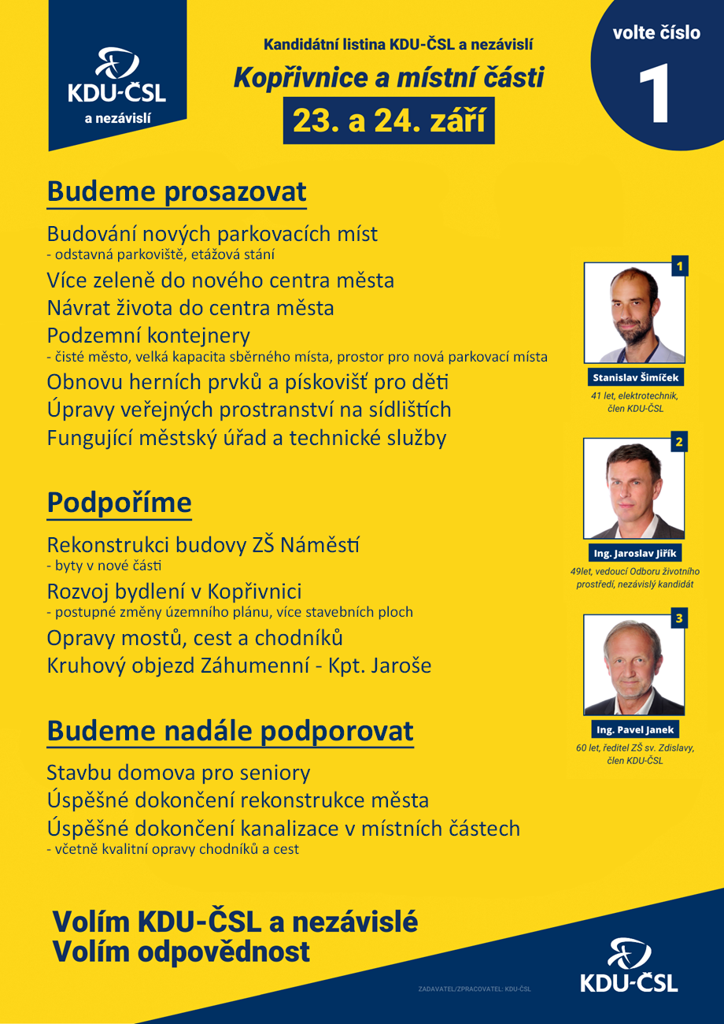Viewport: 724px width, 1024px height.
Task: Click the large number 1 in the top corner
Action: pyautogui.click(x=656, y=95)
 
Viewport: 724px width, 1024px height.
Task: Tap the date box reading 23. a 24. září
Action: pyautogui.click(x=389, y=121)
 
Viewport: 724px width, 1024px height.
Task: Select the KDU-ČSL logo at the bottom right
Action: pyautogui.click(x=628, y=966)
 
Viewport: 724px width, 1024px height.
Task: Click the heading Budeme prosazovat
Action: pyautogui.click(x=176, y=192)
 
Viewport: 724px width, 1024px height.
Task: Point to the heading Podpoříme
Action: pyautogui.click(x=119, y=503)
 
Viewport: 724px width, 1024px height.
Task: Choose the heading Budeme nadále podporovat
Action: pyautogui.click(x=230, y=731)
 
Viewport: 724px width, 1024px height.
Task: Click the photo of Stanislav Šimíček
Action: pyautogui.click(x=634, y=313)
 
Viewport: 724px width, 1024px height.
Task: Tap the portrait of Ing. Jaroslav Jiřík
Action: pyautogui.click(x=634, y=488)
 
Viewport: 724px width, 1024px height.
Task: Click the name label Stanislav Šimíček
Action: pyautogui.click(x=633, y=377)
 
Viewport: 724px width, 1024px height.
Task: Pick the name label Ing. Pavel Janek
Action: pyautogui.click(x=633, y=729)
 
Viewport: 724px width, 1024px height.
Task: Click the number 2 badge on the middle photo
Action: pyautogui.click(x=678, y=443)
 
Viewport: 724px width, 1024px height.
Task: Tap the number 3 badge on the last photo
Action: pyautogui.click(x=678, y=619)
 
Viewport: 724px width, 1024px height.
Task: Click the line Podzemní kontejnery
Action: pyautogui.click(x=149, y=334)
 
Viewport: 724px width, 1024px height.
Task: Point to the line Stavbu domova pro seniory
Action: pyautogui.click(x=179, y=773)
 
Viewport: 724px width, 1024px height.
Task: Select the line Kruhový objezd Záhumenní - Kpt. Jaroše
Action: pyautogui.click(x=239, y=666)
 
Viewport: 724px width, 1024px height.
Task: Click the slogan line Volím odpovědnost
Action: pyautogui.click(x=181, y=952)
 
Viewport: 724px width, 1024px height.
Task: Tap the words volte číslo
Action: pyautogui.click(x=656, y=33)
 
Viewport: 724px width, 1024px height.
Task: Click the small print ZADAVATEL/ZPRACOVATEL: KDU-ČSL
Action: pyautogui.click(x=475, y=989)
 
